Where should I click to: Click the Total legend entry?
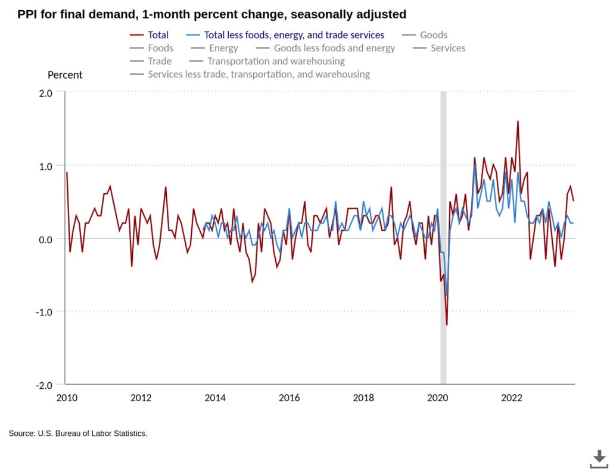(150, 35)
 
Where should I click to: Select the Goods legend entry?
(424, 35)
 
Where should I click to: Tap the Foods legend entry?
(152, 48)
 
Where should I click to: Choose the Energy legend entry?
(214, 48)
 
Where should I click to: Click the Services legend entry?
(439, 48)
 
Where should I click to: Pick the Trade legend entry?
(151, 61)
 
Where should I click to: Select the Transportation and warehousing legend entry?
(267, 61)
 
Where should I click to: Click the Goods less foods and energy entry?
(325, 48)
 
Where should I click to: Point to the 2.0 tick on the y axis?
(45, 94)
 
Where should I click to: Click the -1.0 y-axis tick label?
(44, 312)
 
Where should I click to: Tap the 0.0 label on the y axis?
(45, 240)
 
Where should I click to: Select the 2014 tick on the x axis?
(215, 398)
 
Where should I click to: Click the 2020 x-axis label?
(438, 398)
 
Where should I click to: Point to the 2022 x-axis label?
(512, 398)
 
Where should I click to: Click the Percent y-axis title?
(65, 75)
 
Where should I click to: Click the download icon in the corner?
(599, 459)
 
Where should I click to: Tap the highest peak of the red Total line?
(518, 121)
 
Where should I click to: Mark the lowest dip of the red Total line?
(447, 325)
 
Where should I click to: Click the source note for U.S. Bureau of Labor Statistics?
(78, 433)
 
